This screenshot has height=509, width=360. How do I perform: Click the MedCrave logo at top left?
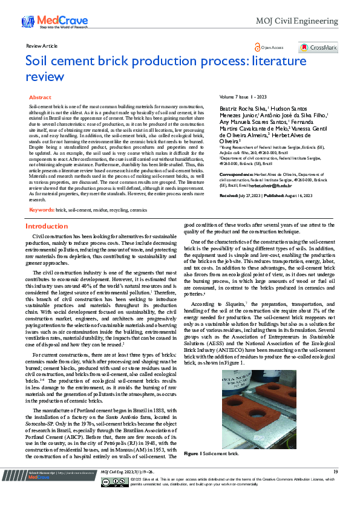tap(49, 22)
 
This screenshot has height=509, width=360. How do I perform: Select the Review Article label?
tap(42, 46)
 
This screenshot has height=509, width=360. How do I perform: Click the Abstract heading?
tap(40, 97)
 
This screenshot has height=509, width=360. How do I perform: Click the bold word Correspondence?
tap(237, 157)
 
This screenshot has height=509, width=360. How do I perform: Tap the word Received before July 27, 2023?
tap(229, 179)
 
